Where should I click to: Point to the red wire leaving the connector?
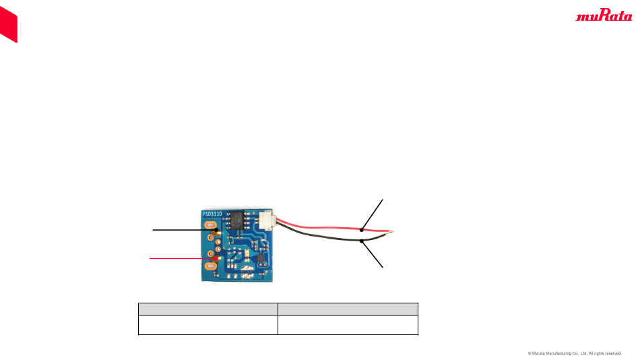pos(317,224)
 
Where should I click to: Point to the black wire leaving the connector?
pos(317,234)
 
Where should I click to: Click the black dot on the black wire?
pos(362,241)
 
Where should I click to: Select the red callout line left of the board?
pos(177,258)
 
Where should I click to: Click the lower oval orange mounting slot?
pos(210,267)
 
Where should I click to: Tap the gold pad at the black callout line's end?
pos(216,231)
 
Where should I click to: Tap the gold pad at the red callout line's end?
pos(214,258)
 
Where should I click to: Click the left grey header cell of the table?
pos(208,309)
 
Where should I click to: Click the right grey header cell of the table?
pos(348,309)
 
